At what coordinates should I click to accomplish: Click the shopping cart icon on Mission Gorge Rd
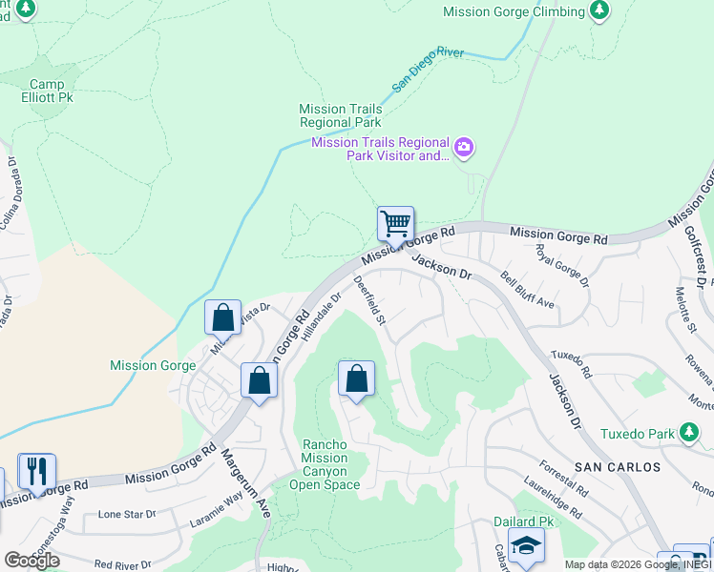[395, 225]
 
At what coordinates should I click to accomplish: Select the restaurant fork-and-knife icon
[36, 471]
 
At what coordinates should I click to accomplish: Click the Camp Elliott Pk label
[47, 91]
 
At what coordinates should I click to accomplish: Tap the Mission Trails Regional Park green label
[340, 116]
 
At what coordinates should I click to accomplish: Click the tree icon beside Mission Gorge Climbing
[598, 11]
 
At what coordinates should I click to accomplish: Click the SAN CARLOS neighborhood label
[618, 467]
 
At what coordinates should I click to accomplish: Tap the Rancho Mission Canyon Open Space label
[330, 464]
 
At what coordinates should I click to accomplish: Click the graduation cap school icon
[525, 548]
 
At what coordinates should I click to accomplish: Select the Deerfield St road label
[369, 300]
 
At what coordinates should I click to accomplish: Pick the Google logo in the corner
[31, 561]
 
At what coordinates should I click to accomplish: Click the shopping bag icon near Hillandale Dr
[356, 378]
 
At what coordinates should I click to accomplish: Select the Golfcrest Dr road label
[694, 256]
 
